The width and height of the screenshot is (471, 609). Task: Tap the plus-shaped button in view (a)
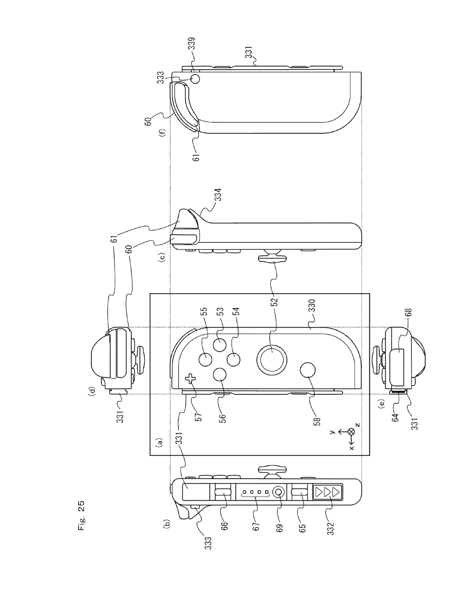[191, 379]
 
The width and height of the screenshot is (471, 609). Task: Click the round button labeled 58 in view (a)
[308, 370]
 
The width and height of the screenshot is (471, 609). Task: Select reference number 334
[218, 195]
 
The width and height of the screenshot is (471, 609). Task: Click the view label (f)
[162, 132]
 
